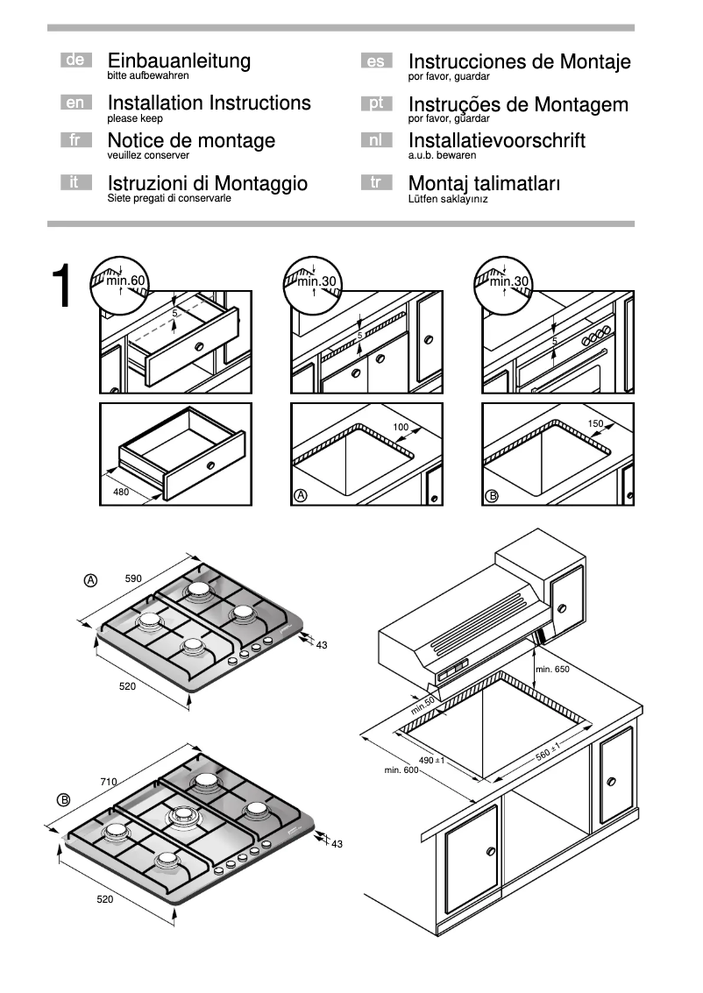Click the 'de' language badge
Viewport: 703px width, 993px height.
point(75,60)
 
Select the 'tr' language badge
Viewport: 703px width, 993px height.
point(376,182)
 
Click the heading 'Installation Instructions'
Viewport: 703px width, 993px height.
point(209,103)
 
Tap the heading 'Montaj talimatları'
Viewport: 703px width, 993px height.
point(484,183)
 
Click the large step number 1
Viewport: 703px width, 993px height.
point(63,287)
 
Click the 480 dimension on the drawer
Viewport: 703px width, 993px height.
point(121,492)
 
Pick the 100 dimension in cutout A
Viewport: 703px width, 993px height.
point(401,427)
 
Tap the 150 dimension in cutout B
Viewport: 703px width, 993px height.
point(595,424)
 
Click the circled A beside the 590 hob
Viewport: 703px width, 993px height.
point(90,579)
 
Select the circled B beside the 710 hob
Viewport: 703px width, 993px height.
point(64,799)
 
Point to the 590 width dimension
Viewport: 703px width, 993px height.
point(133,579)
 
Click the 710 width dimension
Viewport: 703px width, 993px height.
point(109,781)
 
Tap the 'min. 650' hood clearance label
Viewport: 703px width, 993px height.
point(552,670)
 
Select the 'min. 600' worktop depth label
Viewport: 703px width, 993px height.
point(402,770)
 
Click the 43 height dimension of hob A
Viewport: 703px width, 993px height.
point(321,645)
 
